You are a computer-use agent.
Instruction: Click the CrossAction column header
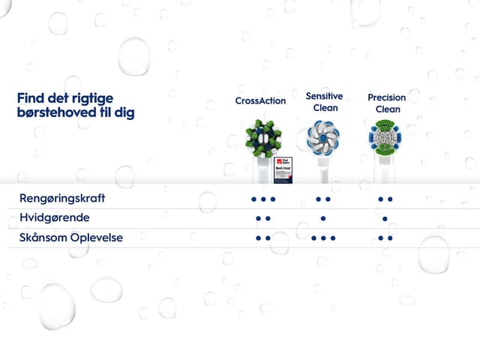(260, 100)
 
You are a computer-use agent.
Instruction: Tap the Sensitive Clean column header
(324, 102)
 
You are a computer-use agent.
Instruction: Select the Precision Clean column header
(387, 103)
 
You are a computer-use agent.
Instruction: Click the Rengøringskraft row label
(62, 199)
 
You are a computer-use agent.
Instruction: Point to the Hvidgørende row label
(55, 218)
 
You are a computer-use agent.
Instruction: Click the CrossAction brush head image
(263, 139)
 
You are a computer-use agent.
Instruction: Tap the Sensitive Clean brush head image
(323, 139)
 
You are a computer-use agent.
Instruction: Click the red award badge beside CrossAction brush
(283, 166)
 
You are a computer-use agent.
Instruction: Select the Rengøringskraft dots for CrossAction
(263, 199)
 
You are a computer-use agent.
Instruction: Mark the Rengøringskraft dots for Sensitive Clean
(323, 199)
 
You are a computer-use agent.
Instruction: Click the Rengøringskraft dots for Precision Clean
(385, 199)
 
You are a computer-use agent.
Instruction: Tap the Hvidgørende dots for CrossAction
(263, 219)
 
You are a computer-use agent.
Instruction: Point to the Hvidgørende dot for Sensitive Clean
(323, 219)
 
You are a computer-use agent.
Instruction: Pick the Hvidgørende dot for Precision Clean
(385, 219)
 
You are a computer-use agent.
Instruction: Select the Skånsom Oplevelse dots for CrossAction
(263, 238)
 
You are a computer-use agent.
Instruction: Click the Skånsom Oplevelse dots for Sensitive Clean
(323, 238)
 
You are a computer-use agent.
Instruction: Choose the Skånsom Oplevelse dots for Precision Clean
(385, 238)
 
